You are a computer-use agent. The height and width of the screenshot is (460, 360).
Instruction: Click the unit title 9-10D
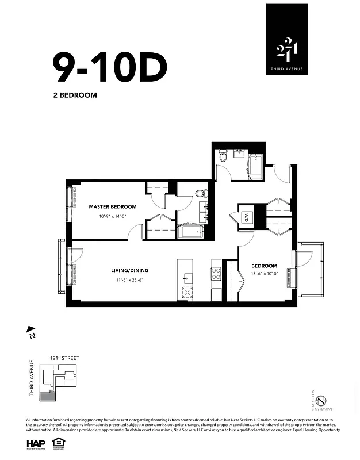coord(109,67)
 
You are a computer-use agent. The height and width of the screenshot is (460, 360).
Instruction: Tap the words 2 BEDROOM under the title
coord(75,95)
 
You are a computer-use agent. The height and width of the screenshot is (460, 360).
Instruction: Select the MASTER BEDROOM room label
coord(113,206)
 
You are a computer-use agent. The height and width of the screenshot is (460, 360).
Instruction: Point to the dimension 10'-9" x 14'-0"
coord(113,216)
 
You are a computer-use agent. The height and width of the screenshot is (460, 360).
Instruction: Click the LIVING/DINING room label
coord(131,270)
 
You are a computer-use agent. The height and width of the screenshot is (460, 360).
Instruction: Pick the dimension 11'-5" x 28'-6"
coord(131,281)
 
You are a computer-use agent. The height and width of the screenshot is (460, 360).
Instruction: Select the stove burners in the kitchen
coord(217,273)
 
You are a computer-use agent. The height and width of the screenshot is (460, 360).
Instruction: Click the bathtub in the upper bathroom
coord(255,165)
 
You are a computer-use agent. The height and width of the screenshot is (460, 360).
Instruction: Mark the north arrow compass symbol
coord(32,331)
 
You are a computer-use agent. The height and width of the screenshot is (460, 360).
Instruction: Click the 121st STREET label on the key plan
coord(64,358)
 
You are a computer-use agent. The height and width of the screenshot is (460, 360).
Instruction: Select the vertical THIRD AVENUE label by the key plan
coord(32,378)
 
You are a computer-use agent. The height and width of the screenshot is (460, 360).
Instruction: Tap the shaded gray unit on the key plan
coord(53,395)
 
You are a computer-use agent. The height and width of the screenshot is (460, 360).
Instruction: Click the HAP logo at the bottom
coord(37,443)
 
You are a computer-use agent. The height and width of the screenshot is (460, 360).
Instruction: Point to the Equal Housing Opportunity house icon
coord(57,443)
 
